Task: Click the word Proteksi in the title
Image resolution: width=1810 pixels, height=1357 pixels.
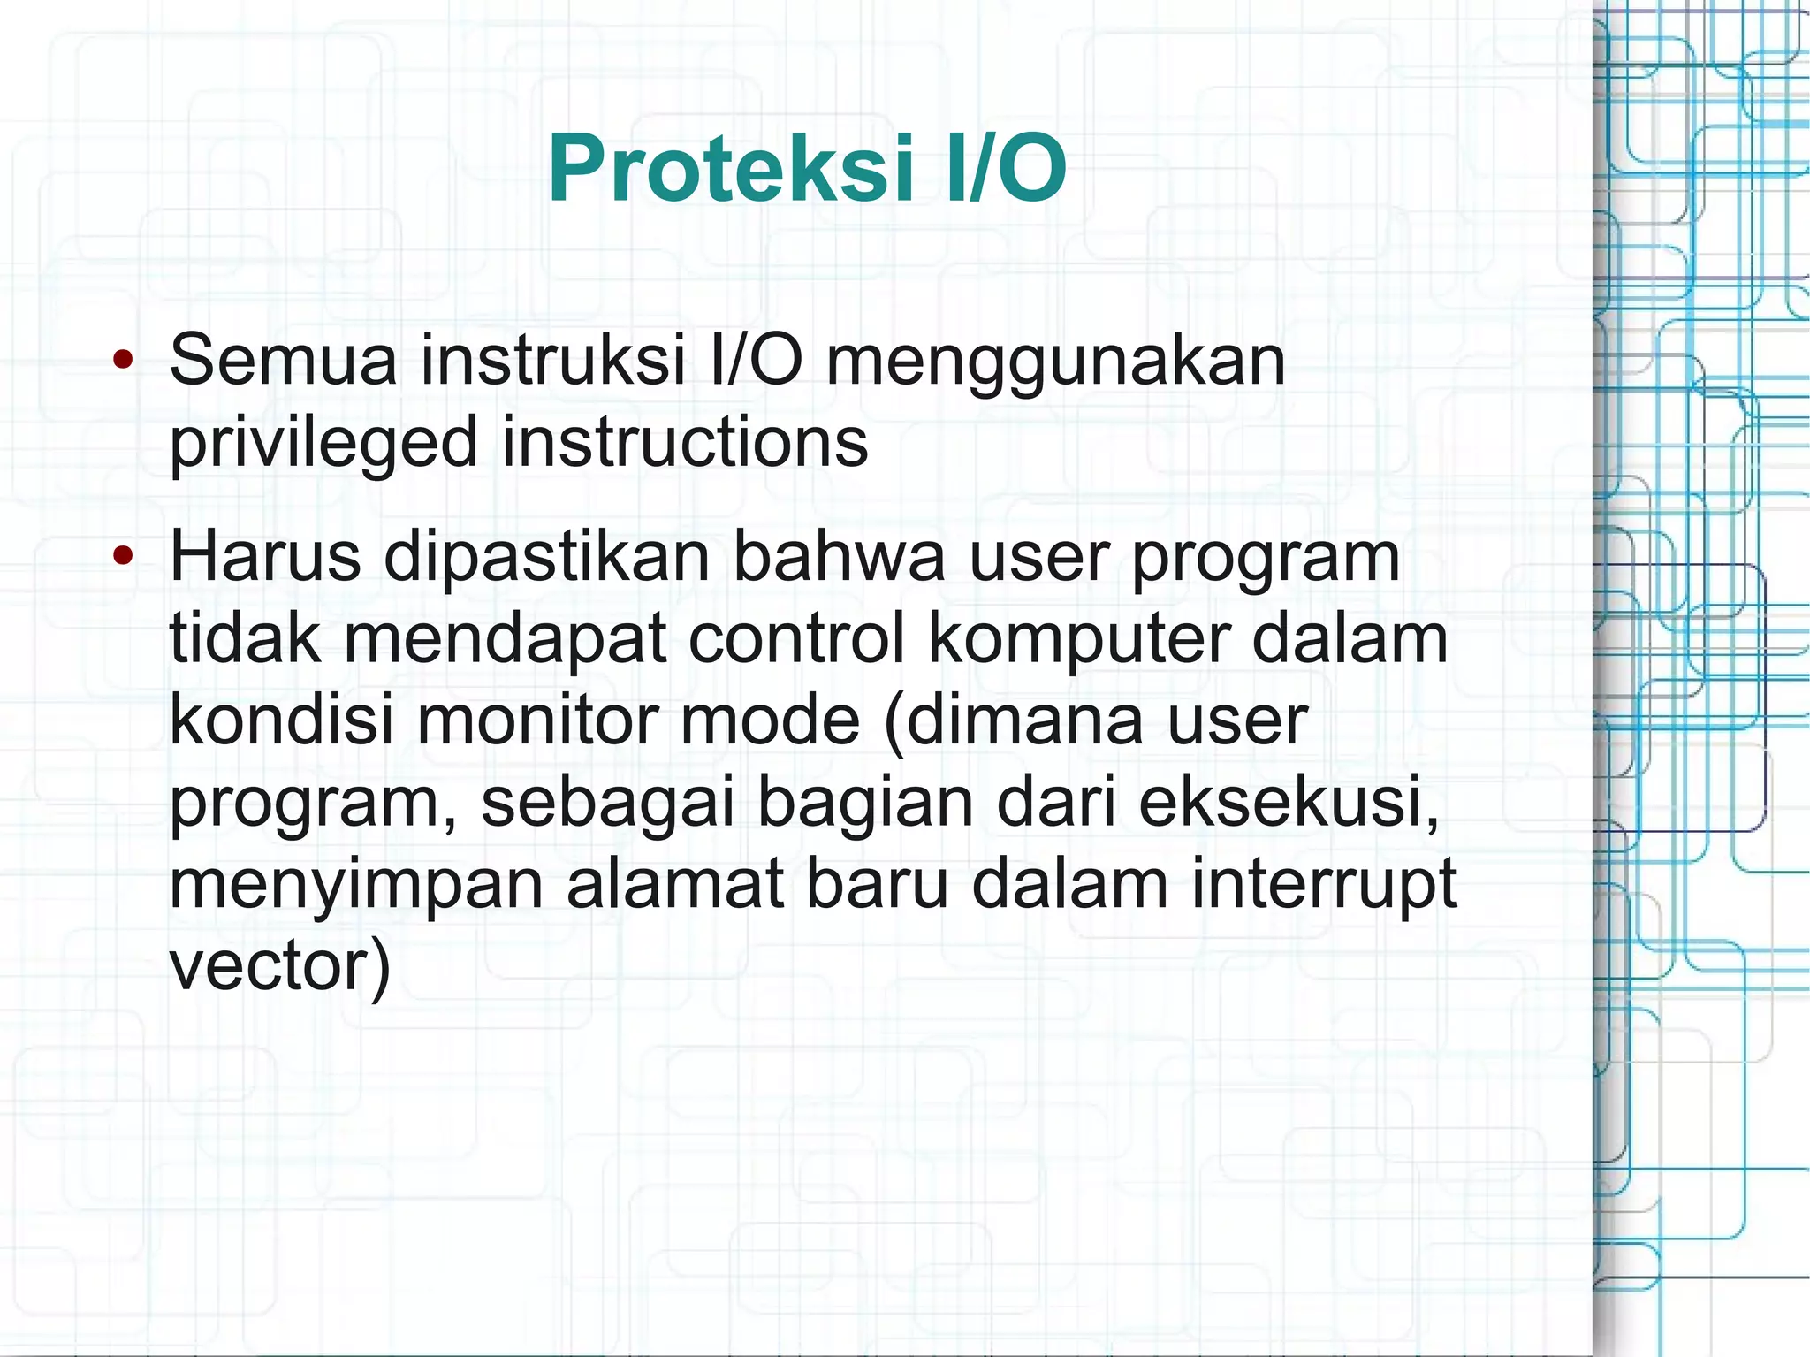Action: [731, 168]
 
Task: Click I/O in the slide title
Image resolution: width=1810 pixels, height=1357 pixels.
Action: [1006, 168]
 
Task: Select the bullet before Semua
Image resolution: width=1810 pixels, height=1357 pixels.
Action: [123, 360]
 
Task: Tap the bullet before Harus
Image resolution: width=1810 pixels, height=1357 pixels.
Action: [123, 556]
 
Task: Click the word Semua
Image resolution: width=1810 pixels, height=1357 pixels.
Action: [283, 360]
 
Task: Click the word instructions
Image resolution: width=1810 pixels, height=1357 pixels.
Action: [685, 442]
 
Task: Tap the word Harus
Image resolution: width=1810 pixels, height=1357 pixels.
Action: [265, 556]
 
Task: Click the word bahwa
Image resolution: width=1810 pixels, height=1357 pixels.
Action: [840, 556]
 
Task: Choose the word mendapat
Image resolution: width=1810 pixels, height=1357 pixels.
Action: [505, 640]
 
